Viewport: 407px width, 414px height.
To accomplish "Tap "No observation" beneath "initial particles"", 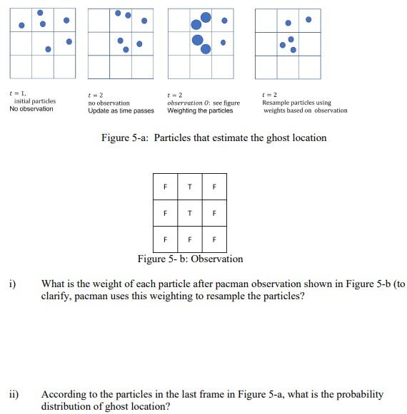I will [31, 109].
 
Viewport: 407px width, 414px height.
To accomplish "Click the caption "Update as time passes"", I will [121, 110].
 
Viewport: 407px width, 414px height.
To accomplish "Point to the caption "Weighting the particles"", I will [200, 110].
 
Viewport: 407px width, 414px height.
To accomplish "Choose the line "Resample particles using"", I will [296, 103].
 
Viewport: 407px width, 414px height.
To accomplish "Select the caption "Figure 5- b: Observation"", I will [190, 259].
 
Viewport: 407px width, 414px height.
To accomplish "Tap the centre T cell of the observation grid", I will [189, 212].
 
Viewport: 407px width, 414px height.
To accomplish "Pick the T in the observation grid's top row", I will [189, 187].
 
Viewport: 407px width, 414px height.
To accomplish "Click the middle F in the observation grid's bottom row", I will [189, 239].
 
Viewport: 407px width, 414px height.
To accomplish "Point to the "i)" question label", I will [12, 284].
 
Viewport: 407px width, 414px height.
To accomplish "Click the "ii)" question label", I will [14, 394].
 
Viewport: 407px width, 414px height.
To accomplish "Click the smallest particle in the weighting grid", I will [223, 42].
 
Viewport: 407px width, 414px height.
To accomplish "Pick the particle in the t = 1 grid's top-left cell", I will [21, 26].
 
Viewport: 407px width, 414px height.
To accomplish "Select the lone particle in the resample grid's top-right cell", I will [308, 19].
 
